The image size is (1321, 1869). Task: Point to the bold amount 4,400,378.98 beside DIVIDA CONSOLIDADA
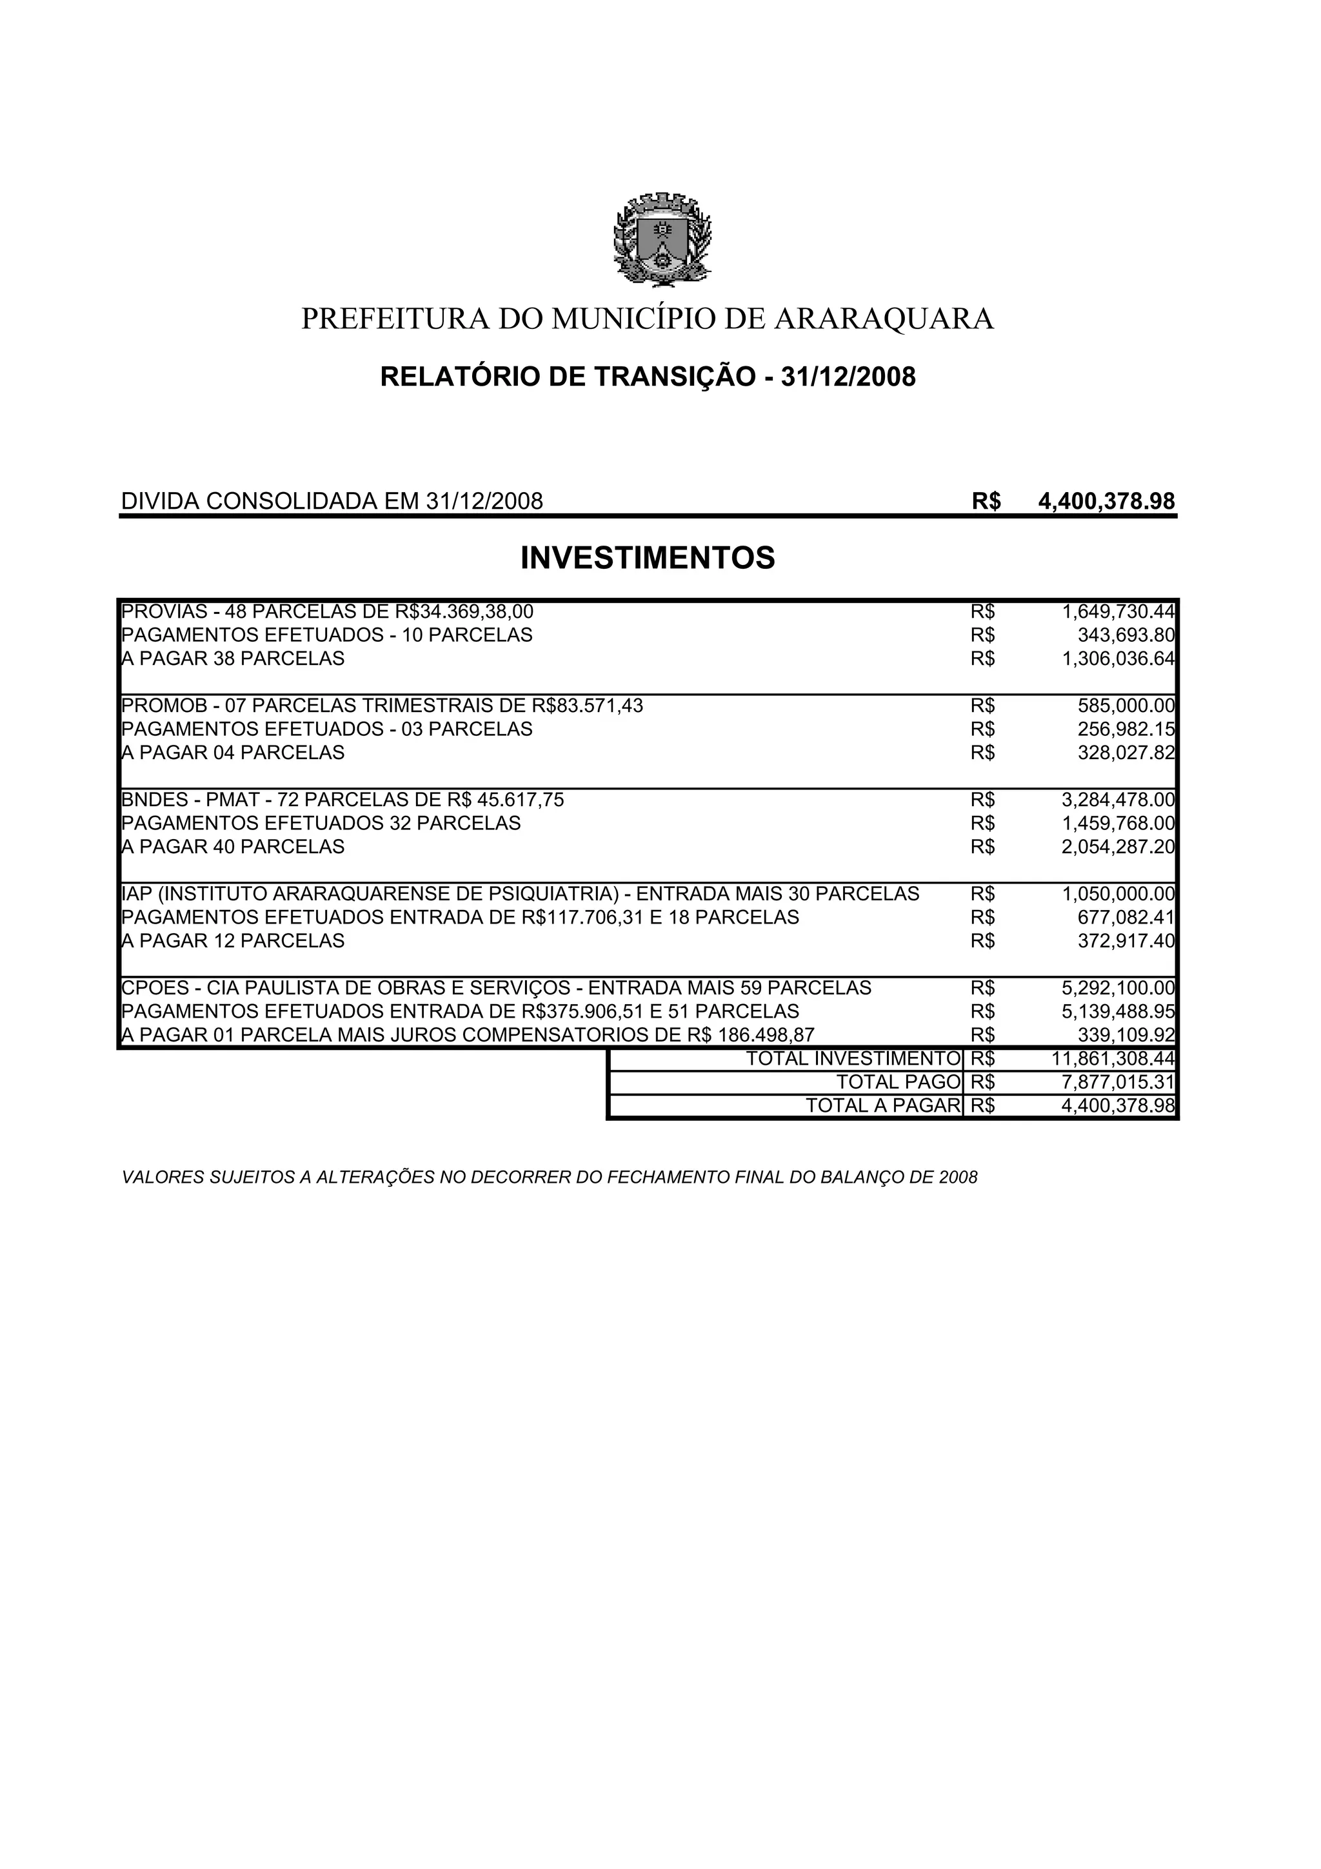pos(1107,502)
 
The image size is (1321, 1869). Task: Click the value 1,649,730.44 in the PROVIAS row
pos(1118,611)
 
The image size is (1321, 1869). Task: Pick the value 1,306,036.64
pos(1118,658)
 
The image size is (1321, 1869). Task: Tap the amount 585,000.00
pos(1126,706)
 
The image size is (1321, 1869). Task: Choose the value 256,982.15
pos(1126,729)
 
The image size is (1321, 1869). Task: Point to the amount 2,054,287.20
pos(1118,847)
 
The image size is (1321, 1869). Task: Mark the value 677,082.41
pos(1126,917)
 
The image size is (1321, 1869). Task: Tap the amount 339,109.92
pos(1126,1036)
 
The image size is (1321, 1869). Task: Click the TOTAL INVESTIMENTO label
pos(853,1059)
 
